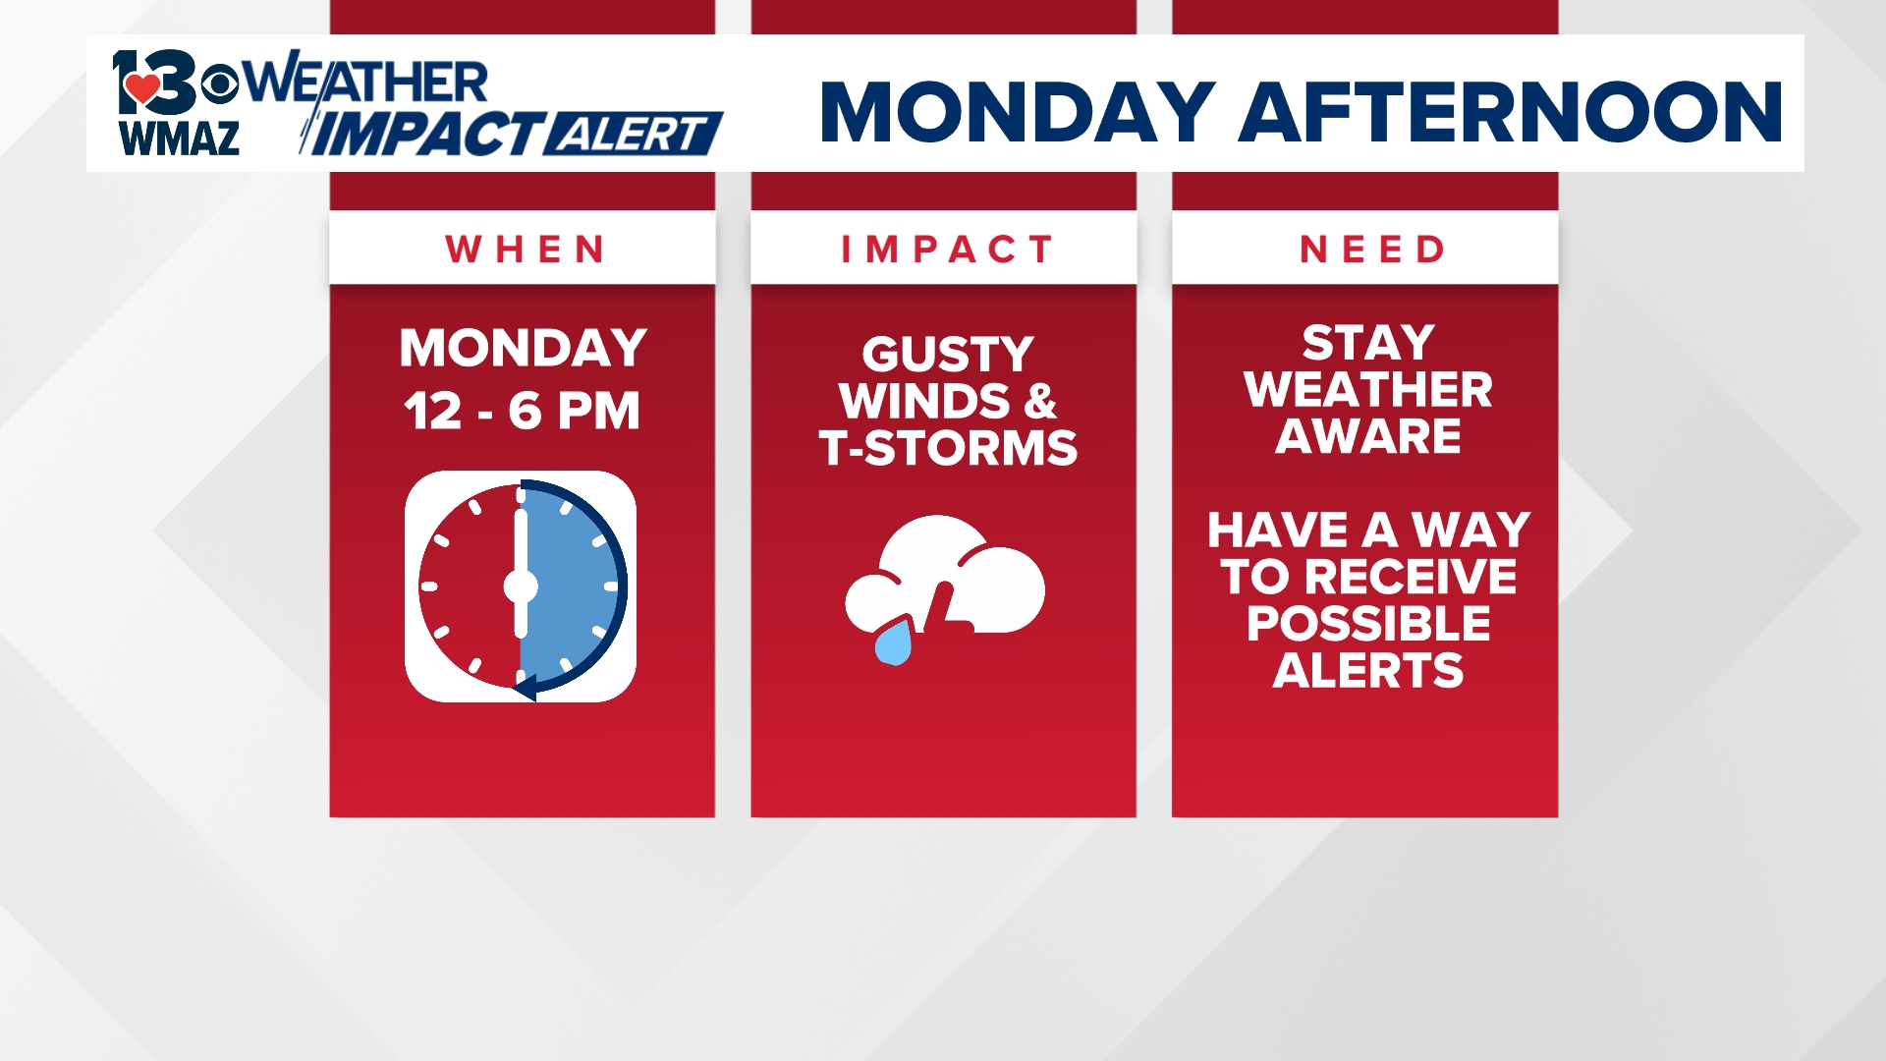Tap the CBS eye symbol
tap(220, 84)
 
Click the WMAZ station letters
tap(179, 139)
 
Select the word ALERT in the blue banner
tap(630, 135)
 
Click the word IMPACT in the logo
tap(425, 135)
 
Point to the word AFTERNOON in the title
tap(1511, 112)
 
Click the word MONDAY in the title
tap(1018, 112)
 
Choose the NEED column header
tap(1371, 250)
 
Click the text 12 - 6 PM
tap(522, 411)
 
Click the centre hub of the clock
tap(521, 586)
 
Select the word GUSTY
tap(947, 354)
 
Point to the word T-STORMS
tap(948, 448)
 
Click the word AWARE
tap(1368, 435)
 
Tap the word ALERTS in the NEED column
tap(1368, 670)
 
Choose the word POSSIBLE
tap(1368, 623)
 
